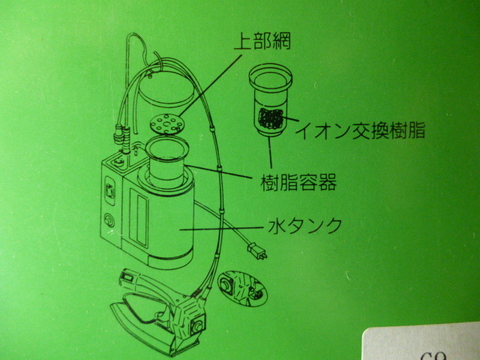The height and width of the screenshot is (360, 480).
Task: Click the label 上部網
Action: [262, 41]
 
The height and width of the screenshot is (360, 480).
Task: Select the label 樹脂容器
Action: [298, 182]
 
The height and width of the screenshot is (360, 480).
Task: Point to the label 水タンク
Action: [305, 225]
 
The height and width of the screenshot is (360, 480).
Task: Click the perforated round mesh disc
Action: [166, 124]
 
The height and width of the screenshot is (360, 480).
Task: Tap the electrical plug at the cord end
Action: [257, 250]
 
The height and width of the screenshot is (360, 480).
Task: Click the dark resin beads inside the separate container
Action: [271, 118]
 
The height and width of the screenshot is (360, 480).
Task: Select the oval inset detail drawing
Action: [242, 289]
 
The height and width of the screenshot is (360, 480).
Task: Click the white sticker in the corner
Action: [421, 342]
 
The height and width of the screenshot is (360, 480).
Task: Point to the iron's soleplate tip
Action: [112, 307]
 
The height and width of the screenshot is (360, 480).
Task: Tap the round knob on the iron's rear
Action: [196, 327]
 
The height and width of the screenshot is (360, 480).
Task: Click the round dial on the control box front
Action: [109, 220]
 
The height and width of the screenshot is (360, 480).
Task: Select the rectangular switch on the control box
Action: [110, 192]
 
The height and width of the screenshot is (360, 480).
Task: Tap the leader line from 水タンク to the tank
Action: [221, 228]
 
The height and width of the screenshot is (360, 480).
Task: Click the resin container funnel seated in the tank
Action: [166, 162]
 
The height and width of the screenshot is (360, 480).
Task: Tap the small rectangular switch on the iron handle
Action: [127, 278]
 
